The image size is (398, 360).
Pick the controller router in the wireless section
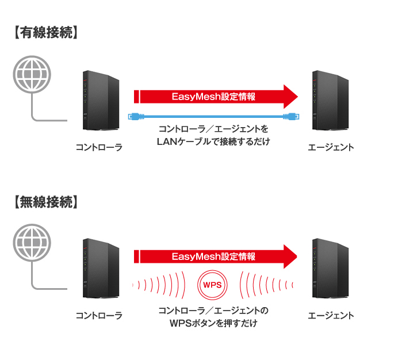100,270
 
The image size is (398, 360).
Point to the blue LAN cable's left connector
131,116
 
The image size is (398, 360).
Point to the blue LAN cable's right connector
293,116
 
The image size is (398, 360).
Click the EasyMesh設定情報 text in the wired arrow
213,97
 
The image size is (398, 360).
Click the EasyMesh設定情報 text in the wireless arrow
213,256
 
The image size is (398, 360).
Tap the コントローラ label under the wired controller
99,148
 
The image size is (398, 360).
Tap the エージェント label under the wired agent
331,148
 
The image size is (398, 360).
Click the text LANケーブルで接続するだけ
213,141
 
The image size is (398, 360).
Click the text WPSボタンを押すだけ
213,324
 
